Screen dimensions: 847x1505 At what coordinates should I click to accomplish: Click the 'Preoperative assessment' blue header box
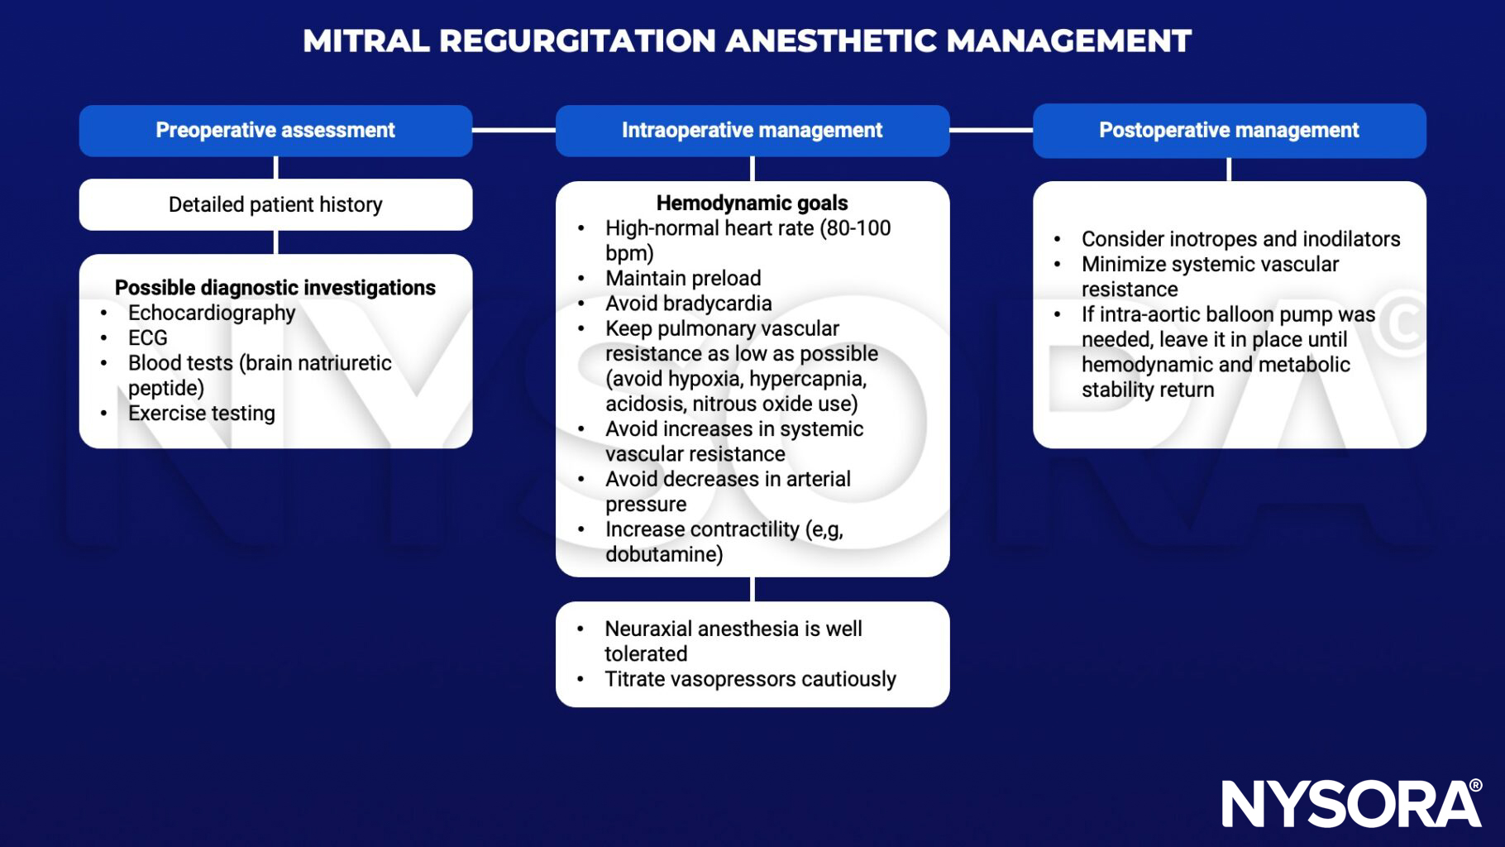click(275, 131)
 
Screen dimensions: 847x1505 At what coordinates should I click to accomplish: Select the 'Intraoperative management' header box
click(752, 131)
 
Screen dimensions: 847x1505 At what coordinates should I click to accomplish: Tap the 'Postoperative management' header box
click(1229, 131)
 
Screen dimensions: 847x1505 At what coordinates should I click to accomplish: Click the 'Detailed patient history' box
click(275, 204)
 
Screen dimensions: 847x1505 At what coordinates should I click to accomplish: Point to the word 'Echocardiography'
click(212, 313)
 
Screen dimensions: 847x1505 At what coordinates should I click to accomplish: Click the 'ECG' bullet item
click(148, 337)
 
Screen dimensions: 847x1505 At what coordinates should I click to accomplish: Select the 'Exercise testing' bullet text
click(202, 413)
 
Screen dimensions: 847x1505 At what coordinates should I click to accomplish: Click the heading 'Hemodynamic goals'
click(752, 203)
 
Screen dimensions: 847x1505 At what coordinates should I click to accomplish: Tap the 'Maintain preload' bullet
click(683, 278)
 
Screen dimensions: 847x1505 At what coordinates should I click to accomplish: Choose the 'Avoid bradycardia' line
click(689, 304)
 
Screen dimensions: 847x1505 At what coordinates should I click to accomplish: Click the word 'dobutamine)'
click(664, 554)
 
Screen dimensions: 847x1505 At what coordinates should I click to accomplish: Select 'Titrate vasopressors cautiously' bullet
click(750, 679)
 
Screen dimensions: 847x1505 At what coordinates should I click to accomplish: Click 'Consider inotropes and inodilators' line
click(1240, 239)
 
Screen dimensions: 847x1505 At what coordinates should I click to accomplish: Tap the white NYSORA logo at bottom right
click(1351, 802)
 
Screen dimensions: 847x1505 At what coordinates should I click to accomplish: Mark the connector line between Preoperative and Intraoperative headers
click(514, 130)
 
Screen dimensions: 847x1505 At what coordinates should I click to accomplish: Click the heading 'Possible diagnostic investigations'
click(275, 288)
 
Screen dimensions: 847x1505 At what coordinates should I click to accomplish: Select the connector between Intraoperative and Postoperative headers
click(991, 130)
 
